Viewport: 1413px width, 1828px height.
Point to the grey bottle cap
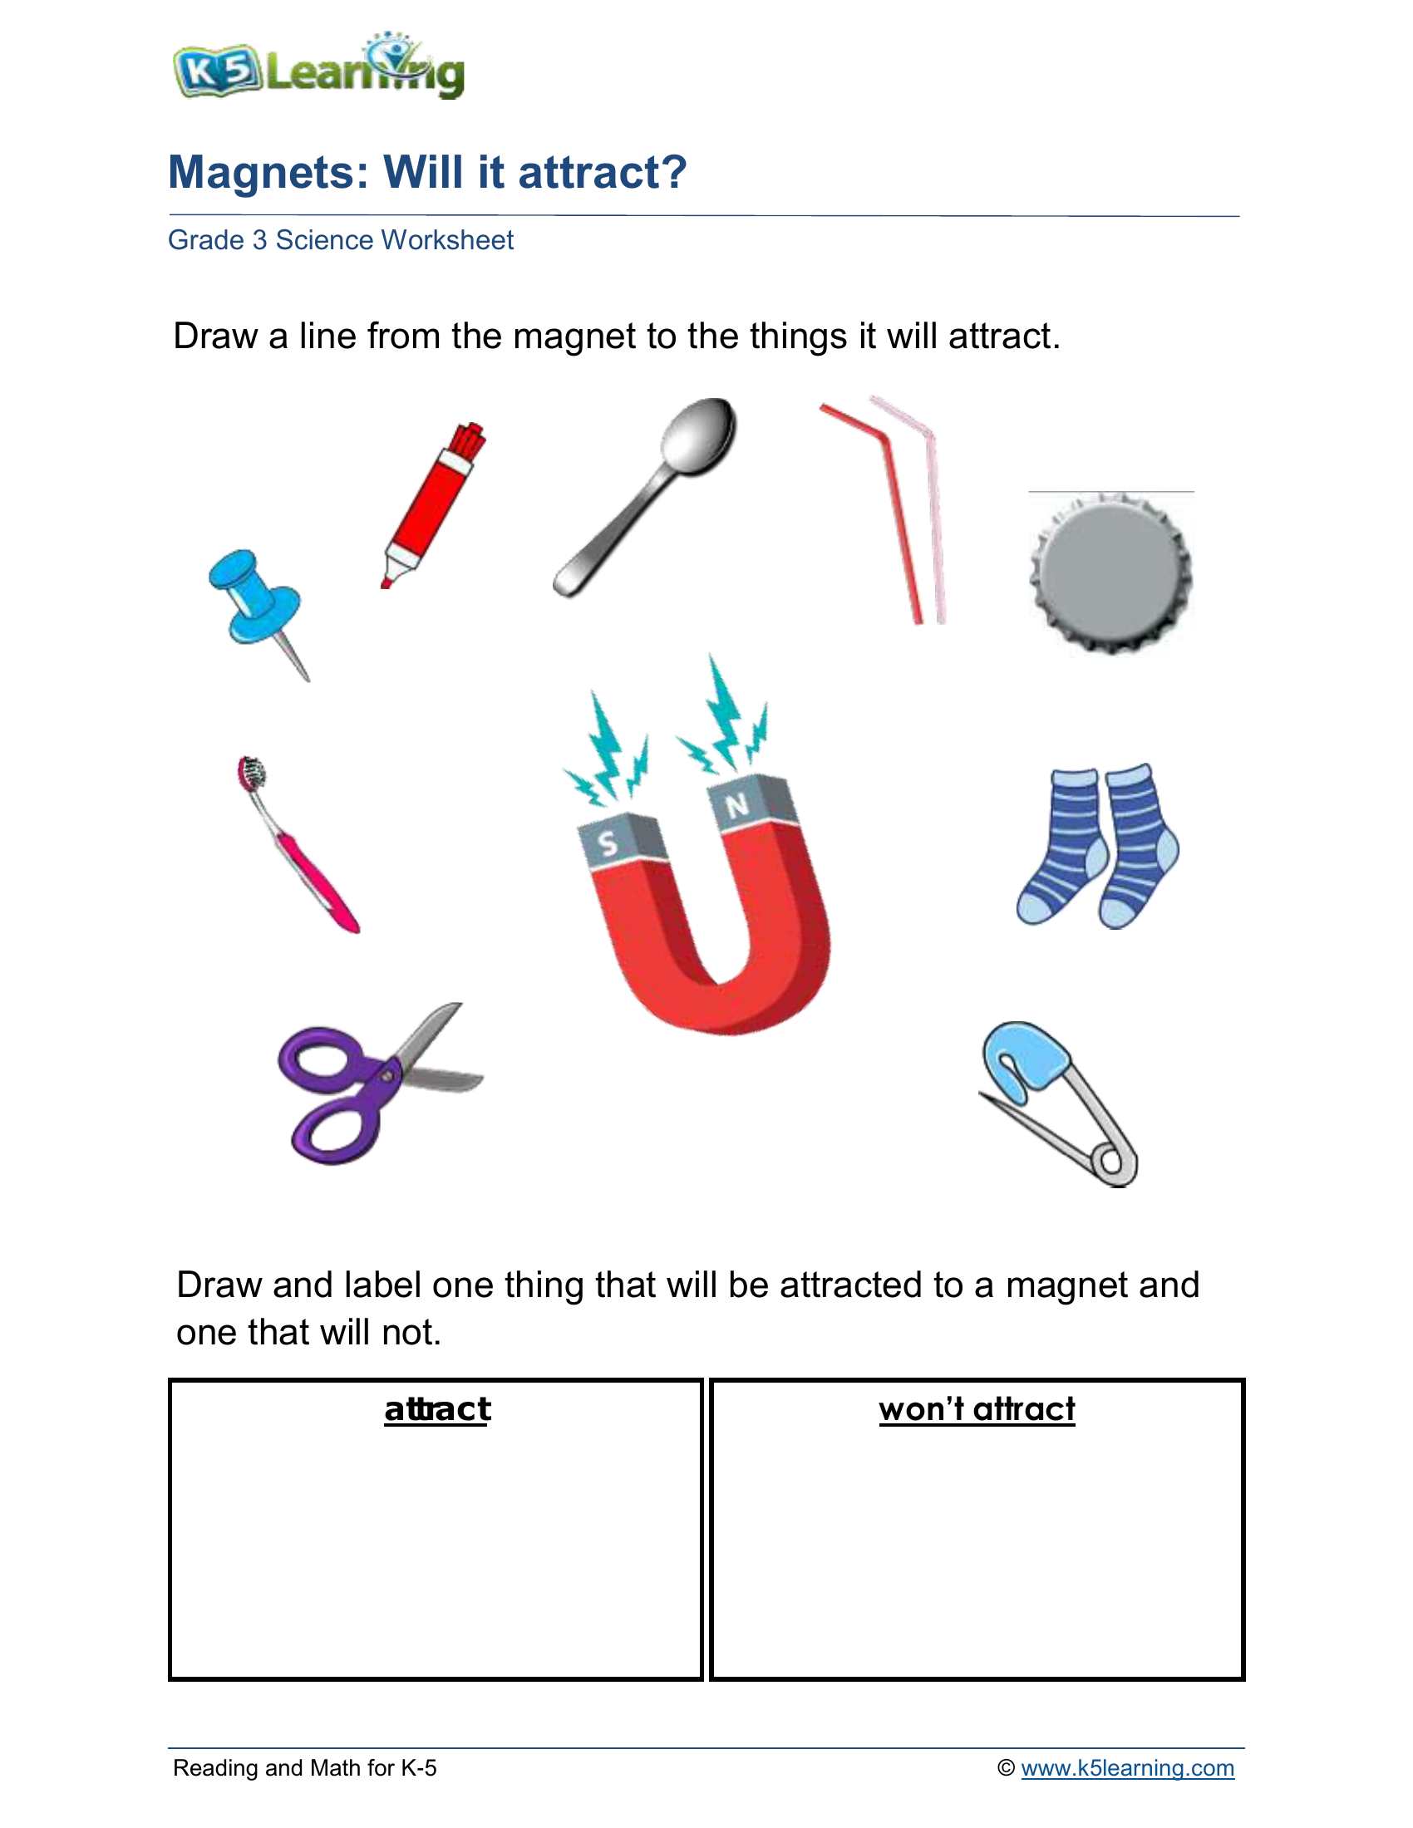(1110, 572)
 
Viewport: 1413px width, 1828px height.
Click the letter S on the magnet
(608, 843)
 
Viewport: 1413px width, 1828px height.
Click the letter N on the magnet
(736, 805)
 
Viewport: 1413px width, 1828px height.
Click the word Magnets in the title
(268, 173)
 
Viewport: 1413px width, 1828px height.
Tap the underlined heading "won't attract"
(976, 1409)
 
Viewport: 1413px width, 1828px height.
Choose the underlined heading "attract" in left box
(437, 1409)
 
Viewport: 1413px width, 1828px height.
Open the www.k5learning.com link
(1127, 1767)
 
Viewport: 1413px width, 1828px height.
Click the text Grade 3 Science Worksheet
(341, 240)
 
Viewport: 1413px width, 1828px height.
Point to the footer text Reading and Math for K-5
(305, 1767)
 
